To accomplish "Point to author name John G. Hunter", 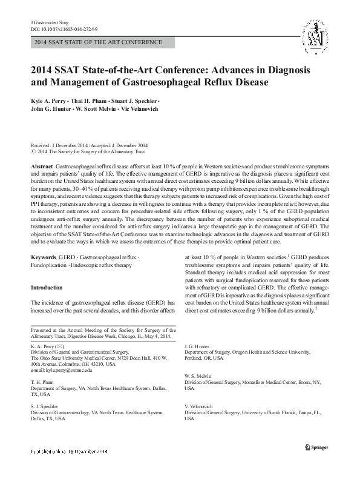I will click(51, 109).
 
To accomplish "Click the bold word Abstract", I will click(41, 165).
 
